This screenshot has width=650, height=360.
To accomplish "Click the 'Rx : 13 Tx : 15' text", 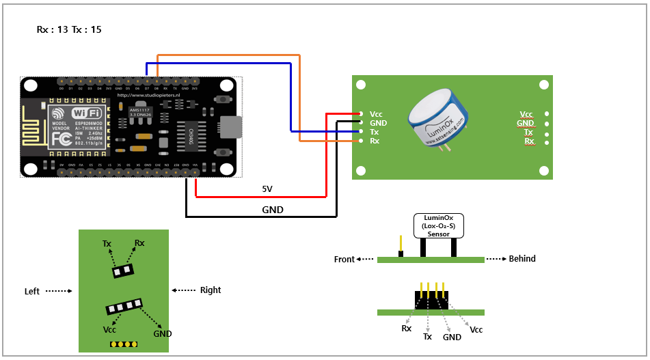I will pos(69,30).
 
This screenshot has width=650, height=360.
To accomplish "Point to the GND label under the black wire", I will pos(273,210).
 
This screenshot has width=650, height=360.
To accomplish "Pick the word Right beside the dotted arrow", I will pos(211,290).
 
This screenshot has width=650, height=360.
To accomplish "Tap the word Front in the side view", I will pos(344,260).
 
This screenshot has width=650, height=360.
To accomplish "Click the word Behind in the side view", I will pos(522,260).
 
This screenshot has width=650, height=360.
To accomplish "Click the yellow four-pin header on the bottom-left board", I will pos(124,343).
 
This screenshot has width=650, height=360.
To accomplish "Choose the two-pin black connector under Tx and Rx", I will pos(123,271).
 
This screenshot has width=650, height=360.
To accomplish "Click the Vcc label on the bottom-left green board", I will pos(109,329).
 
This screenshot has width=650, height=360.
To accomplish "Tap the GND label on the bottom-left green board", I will pos(163,333).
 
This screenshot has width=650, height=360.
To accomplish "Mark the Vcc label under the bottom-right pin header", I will pos(476,330).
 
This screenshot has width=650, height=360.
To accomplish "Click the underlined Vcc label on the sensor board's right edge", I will pos(526,114).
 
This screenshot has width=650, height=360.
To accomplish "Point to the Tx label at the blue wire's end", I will pos(375,132).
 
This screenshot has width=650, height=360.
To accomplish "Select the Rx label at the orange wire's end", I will pos(375,141).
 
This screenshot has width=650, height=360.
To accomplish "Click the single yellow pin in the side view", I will pos(401,243).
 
